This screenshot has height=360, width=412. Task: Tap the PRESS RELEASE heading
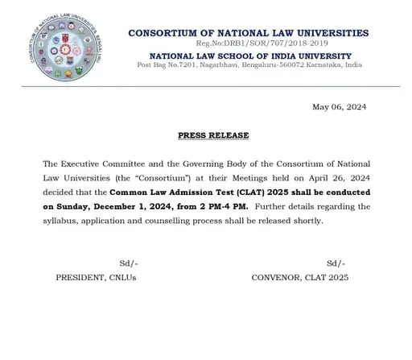tap(213, 135)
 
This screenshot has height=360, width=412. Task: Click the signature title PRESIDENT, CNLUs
tap(96, 277)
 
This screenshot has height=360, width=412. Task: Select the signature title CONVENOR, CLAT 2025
tap(300, 277)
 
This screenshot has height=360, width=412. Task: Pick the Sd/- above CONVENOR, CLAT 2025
tap(336, 263)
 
